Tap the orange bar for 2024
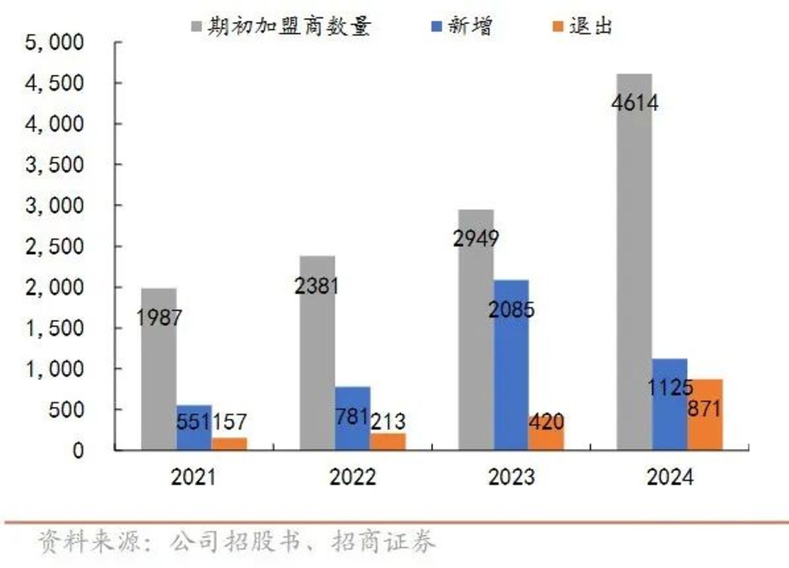(705, 428)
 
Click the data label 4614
(635, 104)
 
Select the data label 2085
(511, 310)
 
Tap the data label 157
(229, 422)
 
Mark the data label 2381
(317, 286)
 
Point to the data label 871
(704, 408)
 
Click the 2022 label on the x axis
(352, 477)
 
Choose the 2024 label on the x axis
(670, 477)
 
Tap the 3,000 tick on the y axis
(54, 205)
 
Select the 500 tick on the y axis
(66, 410)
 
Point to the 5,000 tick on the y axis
(54, 42)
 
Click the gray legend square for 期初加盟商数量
(197, 26)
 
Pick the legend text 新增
(470, 26)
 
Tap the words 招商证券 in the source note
(383, 542)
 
